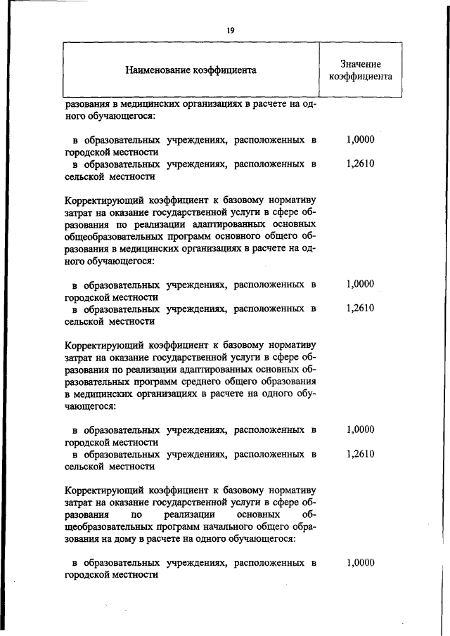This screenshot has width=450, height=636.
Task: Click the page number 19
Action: [x=230, y=30]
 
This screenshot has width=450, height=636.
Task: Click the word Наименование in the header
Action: [x=157, y=70]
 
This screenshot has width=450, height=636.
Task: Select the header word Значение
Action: [x=360, y=64]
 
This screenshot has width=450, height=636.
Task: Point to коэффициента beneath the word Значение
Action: [x=360, y=76]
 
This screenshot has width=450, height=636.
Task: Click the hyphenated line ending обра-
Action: [x=302, y=527]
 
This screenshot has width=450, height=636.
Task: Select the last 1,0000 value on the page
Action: [x=360, y=563]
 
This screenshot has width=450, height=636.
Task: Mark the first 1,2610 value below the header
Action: [x=360, y=164]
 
